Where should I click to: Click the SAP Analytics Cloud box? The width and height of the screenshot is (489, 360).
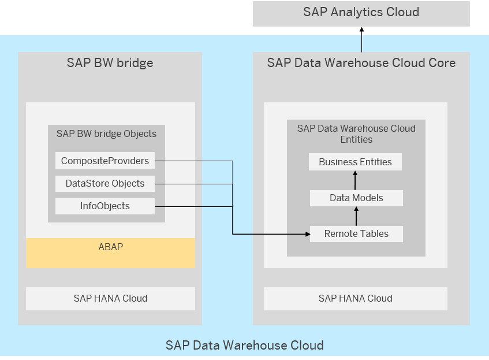click(361, 13)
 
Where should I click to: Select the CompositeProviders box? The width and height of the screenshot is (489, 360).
click(105, 161)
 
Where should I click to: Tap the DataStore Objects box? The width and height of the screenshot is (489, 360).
click(105, 184)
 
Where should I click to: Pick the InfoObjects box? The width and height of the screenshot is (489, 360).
click(105, 206)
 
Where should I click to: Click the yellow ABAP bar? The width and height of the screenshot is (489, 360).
click(110, 253)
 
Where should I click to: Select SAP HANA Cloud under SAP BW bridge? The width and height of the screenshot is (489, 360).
click(110, 299)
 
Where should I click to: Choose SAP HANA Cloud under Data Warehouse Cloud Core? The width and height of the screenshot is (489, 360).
click(355, 299)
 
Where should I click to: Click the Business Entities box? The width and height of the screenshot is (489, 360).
click(355, 162)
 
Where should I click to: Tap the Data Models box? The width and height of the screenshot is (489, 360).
click(356, 198)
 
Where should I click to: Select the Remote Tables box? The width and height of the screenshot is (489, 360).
click(356, 234)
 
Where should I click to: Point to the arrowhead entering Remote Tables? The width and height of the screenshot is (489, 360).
click(307, 234)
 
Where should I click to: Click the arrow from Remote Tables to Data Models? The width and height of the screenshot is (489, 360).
click(356, 217)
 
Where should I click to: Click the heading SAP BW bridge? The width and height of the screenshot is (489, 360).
click(110, 63)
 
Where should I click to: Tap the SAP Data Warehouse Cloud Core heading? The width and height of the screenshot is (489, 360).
click(361, 63)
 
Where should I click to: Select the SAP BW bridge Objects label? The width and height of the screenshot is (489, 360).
click(106, 134)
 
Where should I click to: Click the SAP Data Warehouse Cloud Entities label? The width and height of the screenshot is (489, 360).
click(356, 134)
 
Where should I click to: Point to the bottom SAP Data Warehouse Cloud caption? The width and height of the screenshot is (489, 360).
click(244, 346)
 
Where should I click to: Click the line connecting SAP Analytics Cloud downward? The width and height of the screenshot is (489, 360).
click(361, 43)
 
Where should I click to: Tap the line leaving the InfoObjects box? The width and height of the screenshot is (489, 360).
click(193, 206)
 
